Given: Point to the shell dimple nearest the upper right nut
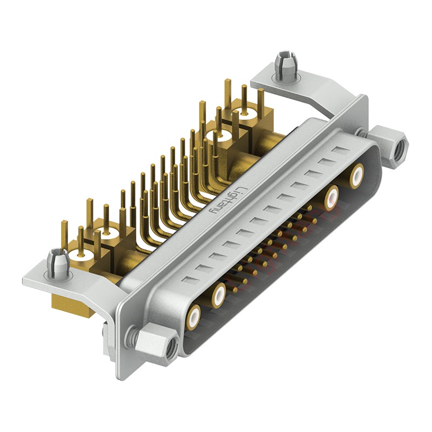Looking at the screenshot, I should pos(339,150).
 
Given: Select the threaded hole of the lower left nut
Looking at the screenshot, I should pos(169,349).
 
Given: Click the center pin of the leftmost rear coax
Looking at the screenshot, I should pos(79,254).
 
